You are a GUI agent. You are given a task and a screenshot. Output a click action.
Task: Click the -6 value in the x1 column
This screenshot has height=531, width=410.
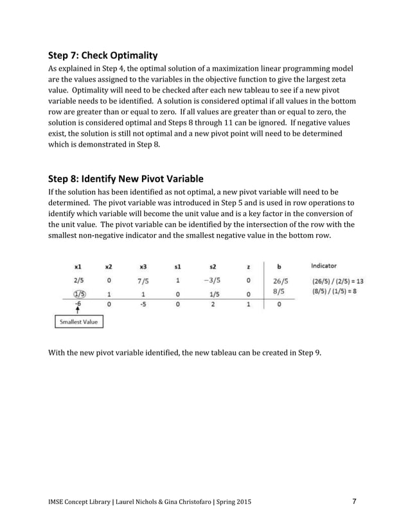coord(78,304)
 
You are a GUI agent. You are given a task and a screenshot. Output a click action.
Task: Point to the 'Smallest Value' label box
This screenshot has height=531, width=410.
coord(78,321)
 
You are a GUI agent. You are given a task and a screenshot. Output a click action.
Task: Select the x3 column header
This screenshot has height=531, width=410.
coord(143,265)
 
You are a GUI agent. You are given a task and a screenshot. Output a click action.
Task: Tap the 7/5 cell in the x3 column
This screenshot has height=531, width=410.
coord(143,280)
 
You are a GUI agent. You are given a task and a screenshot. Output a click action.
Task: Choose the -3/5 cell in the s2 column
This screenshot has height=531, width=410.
coord(213,280)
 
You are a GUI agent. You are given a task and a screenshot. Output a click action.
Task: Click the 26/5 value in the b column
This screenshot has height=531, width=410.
coord(281,280)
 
